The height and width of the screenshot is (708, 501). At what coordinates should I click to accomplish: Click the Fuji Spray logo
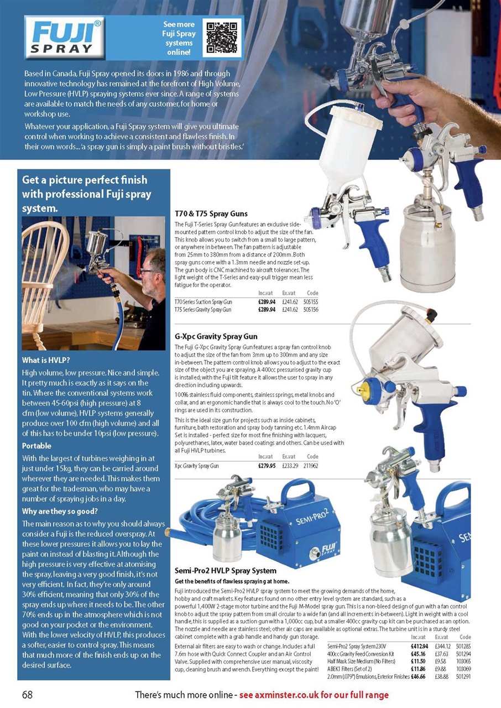65,37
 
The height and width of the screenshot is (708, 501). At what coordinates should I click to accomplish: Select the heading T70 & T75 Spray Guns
211,214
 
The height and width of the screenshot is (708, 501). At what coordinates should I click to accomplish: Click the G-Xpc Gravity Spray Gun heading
216,336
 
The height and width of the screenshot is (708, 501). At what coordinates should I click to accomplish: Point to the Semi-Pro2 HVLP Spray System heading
225,570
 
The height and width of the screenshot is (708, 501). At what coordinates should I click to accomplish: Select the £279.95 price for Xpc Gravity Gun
267,466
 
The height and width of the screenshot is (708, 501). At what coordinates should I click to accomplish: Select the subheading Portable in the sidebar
36,446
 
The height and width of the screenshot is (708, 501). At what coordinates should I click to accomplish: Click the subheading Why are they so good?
60,511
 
